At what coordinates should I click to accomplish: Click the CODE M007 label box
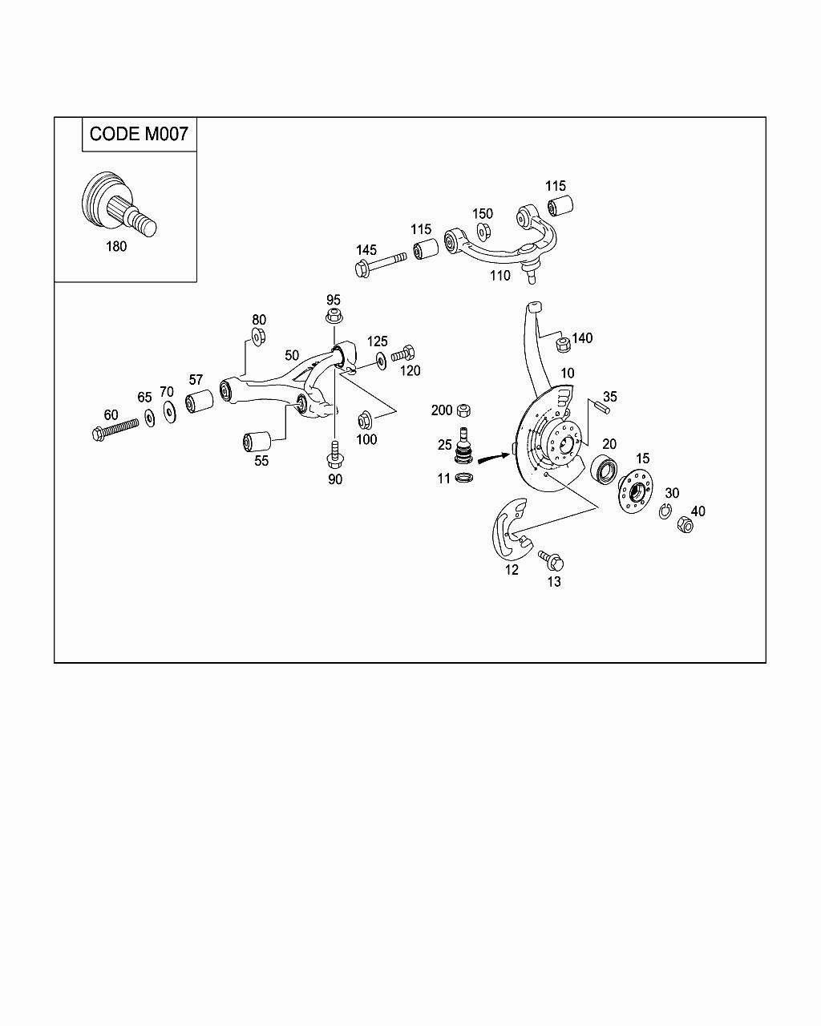tap(139, 134)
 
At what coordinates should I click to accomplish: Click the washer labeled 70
tap(169, 411)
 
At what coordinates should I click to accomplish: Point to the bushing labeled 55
tap(257, 441)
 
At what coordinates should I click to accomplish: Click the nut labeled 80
tap(258, 337)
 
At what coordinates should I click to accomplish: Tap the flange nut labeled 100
tap(365, 418)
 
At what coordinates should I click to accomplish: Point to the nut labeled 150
tap(483, 232)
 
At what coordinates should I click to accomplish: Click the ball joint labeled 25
tap(463, 449)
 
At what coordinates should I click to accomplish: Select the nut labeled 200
tap(463, 410)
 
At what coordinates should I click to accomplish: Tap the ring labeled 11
tap(463, 479)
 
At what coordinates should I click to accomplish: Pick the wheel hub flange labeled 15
tap(635, 489)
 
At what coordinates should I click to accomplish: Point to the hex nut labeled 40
tap(686, 526)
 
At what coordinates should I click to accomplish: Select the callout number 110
tap(499, 276)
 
